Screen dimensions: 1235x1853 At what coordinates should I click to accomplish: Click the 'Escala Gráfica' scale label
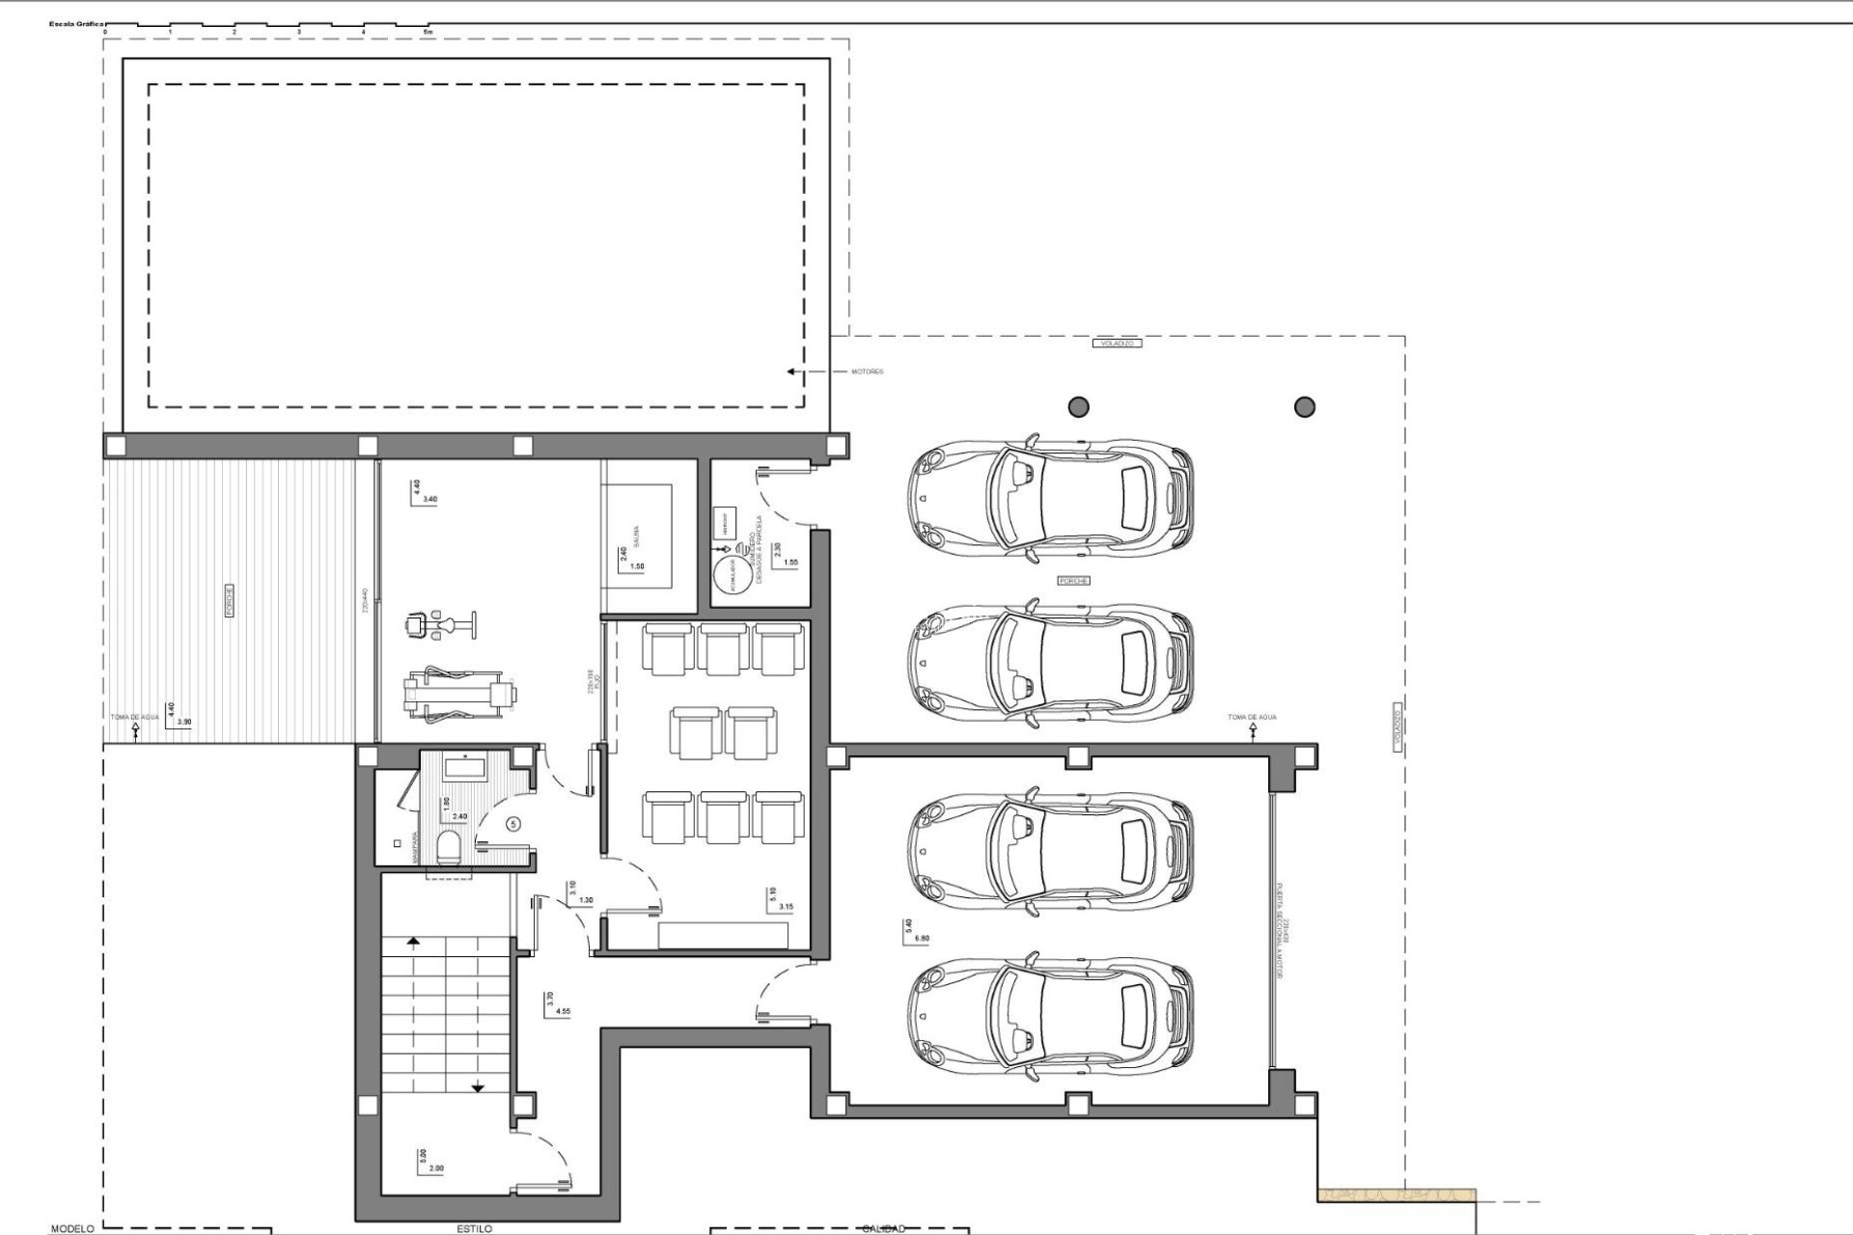pos(83,22)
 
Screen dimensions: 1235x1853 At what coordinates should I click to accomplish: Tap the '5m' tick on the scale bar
pos(429,32)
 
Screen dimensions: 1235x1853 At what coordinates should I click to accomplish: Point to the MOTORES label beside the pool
pos(867,371)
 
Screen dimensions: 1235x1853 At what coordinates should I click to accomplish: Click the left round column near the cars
pos(1079,407)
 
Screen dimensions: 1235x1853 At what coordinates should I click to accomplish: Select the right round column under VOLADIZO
pos(1305,407)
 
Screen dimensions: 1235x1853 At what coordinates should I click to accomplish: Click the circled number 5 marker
pos(513,824)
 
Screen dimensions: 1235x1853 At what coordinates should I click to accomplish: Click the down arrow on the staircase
pos(478,1087)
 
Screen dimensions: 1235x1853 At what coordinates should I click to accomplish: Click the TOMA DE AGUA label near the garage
pos(1252,718)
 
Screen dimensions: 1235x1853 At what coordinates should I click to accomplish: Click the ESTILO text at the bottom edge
pos(474,1228)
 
